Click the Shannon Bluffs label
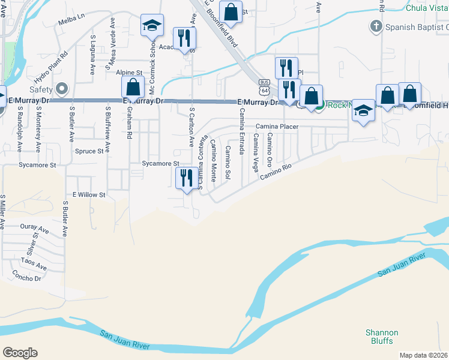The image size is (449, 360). tap(382, 337)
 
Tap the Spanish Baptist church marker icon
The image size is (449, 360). tap(376, 26)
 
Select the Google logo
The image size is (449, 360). tap(20, 353)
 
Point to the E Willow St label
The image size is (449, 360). tap(89, 195)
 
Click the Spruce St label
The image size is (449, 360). tap(89, 151)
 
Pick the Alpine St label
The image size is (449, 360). tap(129, 72)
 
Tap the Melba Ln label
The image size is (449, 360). tap(71, 22)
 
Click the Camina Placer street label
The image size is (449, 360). tap(277, 127)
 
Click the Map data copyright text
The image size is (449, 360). tap(423, 355)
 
